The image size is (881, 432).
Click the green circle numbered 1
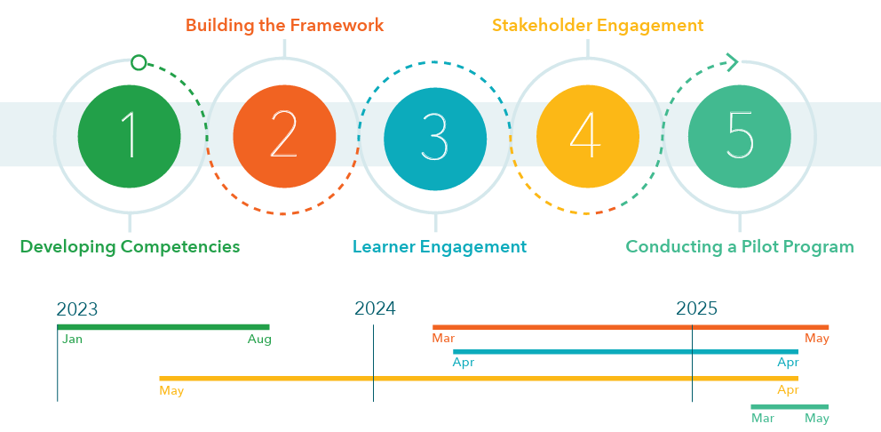[x=130, y=137]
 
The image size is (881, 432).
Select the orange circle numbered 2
[x=284, y=137]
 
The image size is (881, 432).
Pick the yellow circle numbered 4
[x=588, y=137]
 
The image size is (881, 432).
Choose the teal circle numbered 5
[x=740, y=137]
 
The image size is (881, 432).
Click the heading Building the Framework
[x=285, y=25]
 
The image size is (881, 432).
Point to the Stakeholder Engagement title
[x=598, y=26]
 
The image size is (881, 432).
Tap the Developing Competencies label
[x=130, y=247]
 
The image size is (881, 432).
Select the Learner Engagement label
[x=440, y=247]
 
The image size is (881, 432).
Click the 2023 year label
[x=77, y=309]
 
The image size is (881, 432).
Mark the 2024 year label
[x=376, y=308]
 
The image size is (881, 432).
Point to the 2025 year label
[x=696, y=308]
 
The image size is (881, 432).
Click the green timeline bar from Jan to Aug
[x=163, y=327]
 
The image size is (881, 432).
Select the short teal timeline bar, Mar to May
[x=790, y=407]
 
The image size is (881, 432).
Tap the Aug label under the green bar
[x=259, y=340]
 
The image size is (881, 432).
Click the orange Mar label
[x=443, y=339]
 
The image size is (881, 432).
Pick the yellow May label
[x=171, y=391]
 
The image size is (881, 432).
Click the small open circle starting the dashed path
[x=139, y=62]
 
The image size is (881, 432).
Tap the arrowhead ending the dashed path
[x=733, y=62]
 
